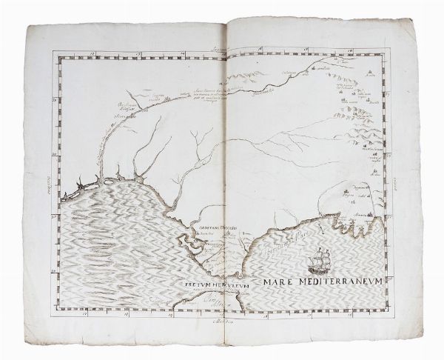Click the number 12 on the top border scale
(87, 53)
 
